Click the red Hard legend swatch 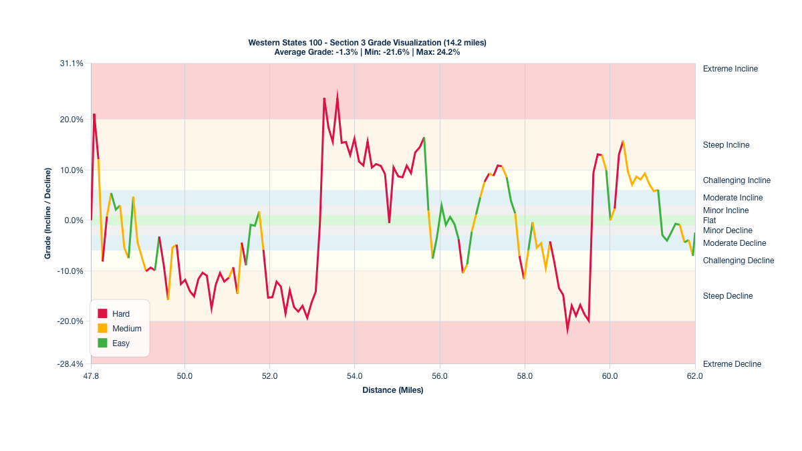[102, 313]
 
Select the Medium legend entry [126, 328]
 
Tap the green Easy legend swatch [102, 343]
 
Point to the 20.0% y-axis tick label [72, 120]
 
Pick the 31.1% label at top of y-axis [72, 63]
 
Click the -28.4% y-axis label [71, 364]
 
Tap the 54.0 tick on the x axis [355, 376]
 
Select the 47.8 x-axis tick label [91, 376]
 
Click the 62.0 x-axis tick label [695, 376]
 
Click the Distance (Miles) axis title [393, 390]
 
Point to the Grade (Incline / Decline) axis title [48, 214]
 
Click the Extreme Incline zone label [730, 69]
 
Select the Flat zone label [710, 220]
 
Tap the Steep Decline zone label [728, 296]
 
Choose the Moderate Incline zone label [732, 198]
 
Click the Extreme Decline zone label [732, 364]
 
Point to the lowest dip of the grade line [567, 329]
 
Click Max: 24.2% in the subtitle [438, 51]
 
